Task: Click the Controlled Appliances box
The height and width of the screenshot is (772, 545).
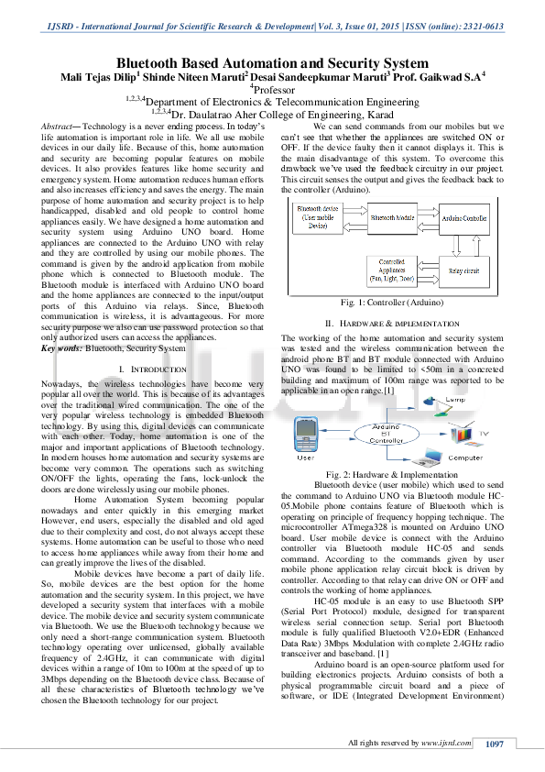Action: tap(391, 270)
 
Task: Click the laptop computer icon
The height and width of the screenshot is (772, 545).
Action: tap(428, 456)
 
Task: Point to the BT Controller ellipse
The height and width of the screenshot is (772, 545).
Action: tap(373, 433)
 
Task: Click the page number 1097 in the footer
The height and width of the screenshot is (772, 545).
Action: tap(495, 743)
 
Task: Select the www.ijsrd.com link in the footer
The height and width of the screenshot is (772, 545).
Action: tap(446, 743)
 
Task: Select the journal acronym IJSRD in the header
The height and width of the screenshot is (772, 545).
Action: tap(61, 27)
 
